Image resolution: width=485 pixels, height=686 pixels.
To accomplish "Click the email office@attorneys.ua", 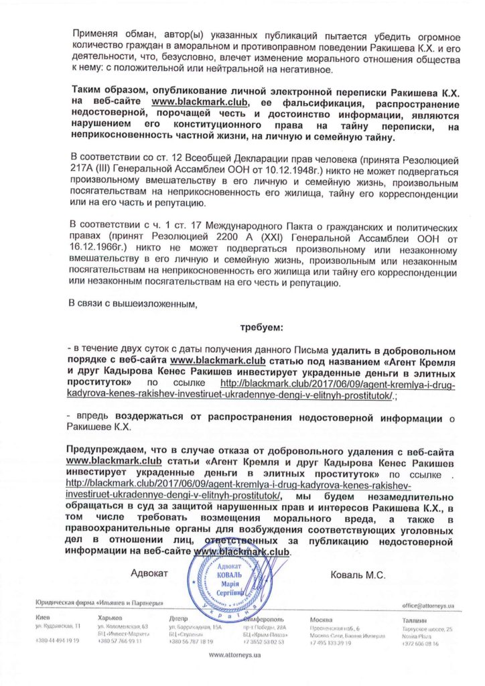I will (x=427, y=605).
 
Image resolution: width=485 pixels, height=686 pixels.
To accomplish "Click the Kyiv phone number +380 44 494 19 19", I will (x=58, y=641).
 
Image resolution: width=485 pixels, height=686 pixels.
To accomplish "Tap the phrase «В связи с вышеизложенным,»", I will (x=133, y=304).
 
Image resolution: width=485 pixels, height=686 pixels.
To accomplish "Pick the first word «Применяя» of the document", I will (x=92, y=33).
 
